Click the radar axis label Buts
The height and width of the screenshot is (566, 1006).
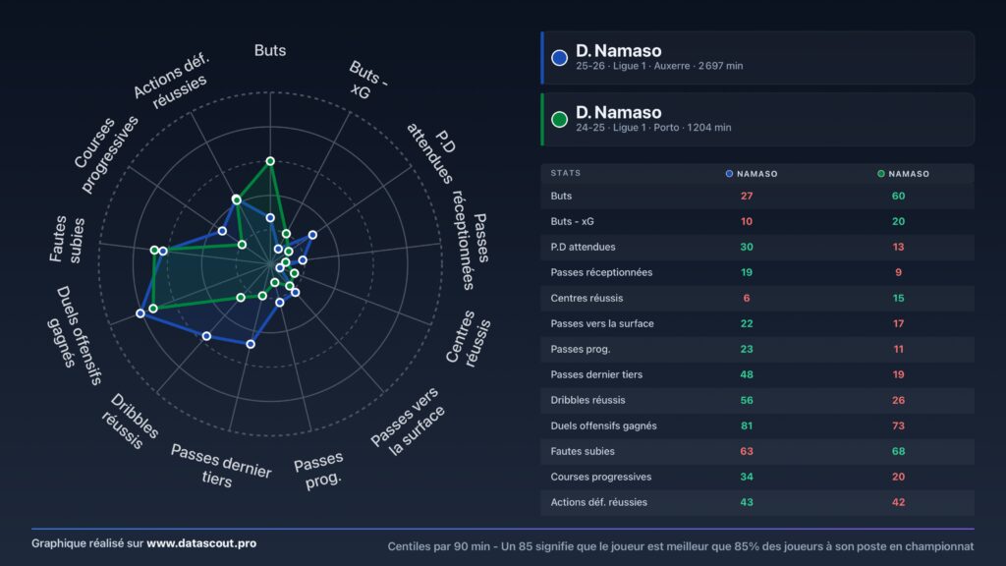click(270, 50)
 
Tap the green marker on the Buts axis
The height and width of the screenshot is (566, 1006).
click(270, 161)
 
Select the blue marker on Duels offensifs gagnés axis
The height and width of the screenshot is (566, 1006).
click(140, 313)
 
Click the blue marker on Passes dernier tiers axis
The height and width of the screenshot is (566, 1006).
click(251, 344)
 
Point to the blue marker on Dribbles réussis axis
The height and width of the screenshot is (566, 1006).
click(206, 336)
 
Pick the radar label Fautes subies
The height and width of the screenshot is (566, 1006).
click(67, 240)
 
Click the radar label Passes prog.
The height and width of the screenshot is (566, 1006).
click(320, 470)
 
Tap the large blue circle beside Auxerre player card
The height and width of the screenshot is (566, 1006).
click(559, 58)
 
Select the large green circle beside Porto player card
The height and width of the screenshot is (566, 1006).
click(559, 119)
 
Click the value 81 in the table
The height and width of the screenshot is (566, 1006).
click(747, 425)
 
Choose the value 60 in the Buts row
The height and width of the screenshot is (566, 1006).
click(898, 196)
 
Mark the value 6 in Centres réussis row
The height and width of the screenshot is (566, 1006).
click(747, 298)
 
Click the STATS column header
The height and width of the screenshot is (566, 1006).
click(565, 173)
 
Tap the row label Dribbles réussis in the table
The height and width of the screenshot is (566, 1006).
click(587, 400)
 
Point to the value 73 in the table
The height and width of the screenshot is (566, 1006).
click(898, 425)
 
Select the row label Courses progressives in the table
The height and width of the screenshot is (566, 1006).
click(600, 477)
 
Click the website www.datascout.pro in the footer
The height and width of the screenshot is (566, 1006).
click(201, 542)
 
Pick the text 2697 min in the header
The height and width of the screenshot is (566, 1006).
click(720, 66)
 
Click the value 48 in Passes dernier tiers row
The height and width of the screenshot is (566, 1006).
click(747, 374)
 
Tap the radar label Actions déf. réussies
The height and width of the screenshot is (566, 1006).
click(171, 81)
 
